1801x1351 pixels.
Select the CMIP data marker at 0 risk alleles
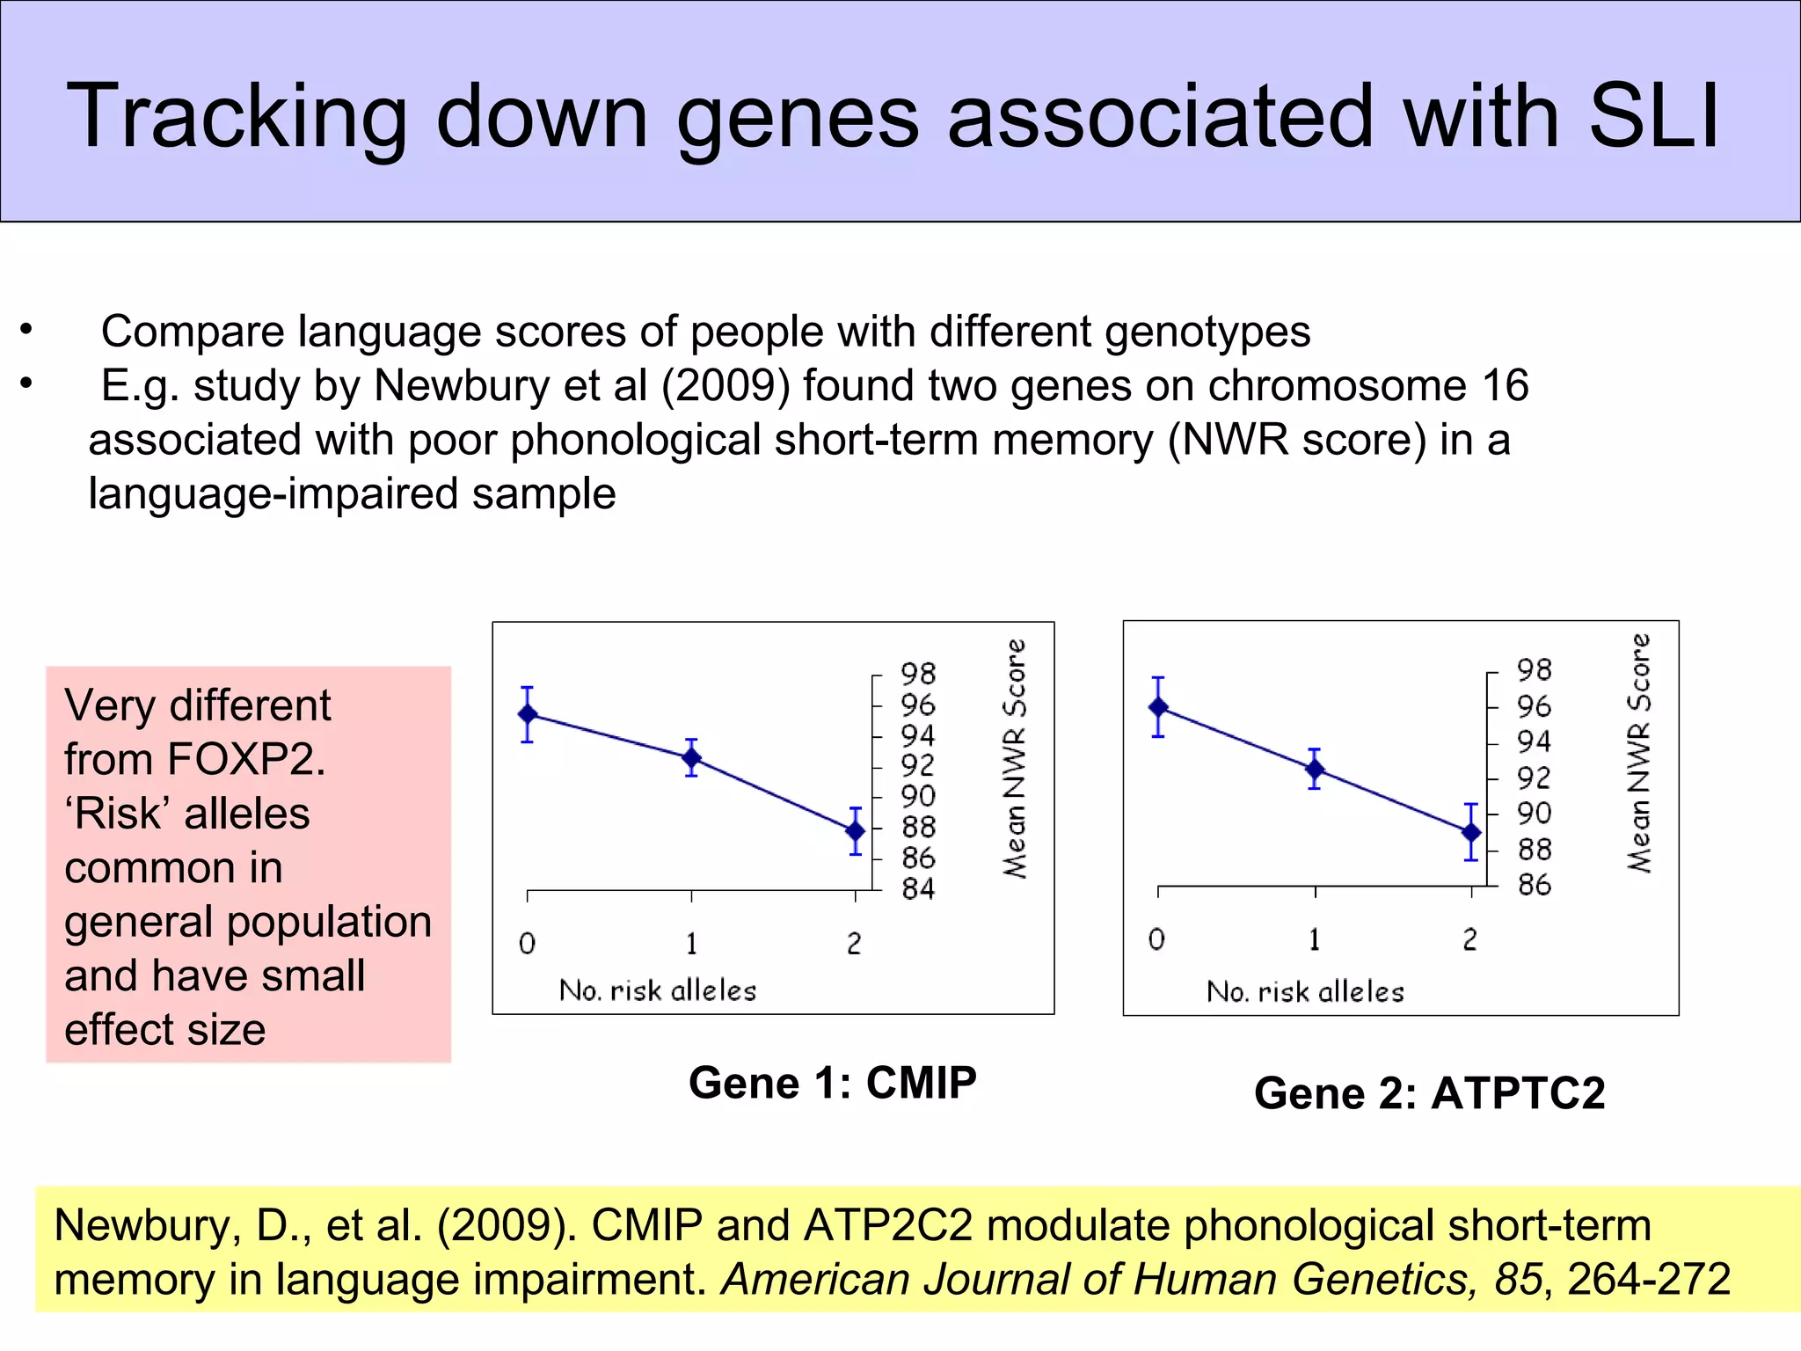[528, 714]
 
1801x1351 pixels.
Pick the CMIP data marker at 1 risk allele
[692, 757]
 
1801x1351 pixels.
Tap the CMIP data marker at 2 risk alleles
[856, 830]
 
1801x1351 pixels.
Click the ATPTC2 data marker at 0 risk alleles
[1159, 707]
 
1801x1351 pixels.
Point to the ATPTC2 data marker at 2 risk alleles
[1471, 832]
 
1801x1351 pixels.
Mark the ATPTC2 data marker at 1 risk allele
[1315, 770]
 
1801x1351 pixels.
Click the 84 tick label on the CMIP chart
[918, 889]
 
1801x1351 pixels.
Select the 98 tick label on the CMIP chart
[918, 674]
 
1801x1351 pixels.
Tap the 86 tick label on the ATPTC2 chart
[1535, 885]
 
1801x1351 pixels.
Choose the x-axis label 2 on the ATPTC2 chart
[1470, 940]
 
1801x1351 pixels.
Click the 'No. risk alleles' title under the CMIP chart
[658, 990]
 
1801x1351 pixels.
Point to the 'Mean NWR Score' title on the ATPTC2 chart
[1639, 753]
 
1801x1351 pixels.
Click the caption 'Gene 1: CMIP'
[832, 1083]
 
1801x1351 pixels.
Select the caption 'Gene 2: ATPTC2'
[1429, 1093]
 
